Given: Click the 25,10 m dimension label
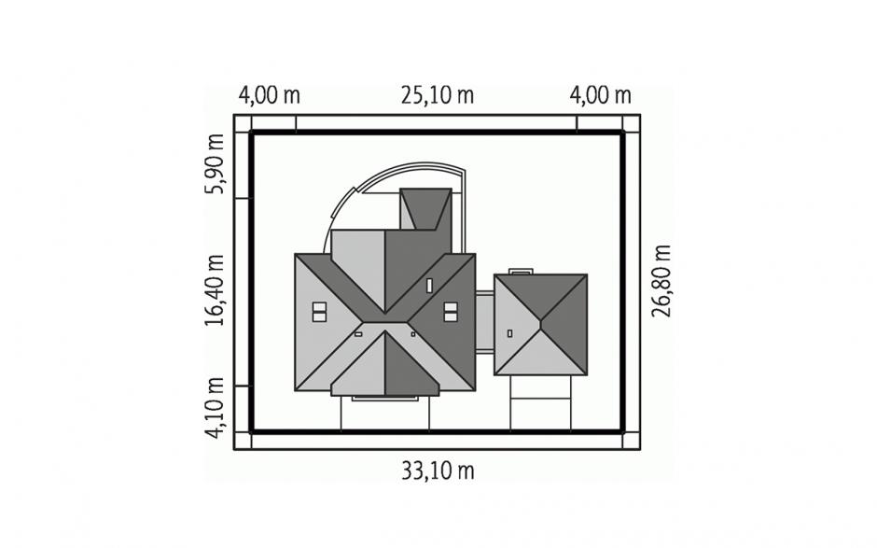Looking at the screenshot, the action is (x=437, y=96).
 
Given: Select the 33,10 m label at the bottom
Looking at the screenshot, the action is (x=438, y=471).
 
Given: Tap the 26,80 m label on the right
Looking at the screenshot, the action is (x=661, y=281).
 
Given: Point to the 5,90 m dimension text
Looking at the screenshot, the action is (x=215, y=164).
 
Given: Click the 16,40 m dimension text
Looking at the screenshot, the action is (x=215, y=290).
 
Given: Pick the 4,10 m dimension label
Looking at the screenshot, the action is (x=215, y=408).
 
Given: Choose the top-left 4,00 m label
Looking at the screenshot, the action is (x=269, y=96).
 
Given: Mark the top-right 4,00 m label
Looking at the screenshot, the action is (x=600, y=96).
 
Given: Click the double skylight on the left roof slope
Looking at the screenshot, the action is (x=319, y=312).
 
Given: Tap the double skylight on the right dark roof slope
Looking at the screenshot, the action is (x=451, y=312).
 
